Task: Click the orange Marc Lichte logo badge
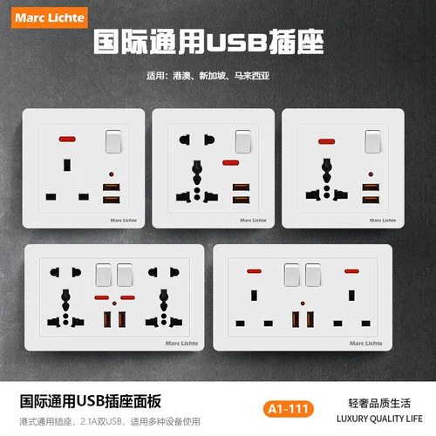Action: pyautogui.click(x=50, y=17)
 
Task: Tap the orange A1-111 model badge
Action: pyautogui.click(x=289, y=409)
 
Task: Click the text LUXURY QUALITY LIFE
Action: pyautogui.click(x=379, y=419)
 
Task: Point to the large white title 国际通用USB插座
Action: pyautogui.click(x=208, y=42)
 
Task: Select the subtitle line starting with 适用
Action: pyautogui.click(x=208, y=76)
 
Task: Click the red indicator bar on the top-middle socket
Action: pyautogui.click(x=231, y=163)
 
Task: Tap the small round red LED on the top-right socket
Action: pyautogui.click(x=371, y=174)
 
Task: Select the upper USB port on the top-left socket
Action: pyautogui.click(x=112, y=187)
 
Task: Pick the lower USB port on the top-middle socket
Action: pyautogui.click(x=241, y=200)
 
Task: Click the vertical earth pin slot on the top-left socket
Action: pyautogui.click(x=67, y=165)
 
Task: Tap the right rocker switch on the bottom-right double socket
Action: pyautogui.click(x=313, y=275)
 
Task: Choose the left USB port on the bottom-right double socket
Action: pyautogui.click(x=296, y=320)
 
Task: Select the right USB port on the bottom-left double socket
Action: pyautogui.click(x=122, y=319)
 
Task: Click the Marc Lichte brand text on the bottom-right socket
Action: pyautogui.click(x=366, y=344)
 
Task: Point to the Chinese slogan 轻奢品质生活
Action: pyautogui.click(x=379, y=404)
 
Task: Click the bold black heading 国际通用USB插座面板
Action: pyautogui.click(x=91, y=401)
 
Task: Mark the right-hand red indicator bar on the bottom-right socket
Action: pyautogui.click(x=351, y=271)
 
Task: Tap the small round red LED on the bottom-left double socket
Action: pyautogui.click(x=114, y=303)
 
